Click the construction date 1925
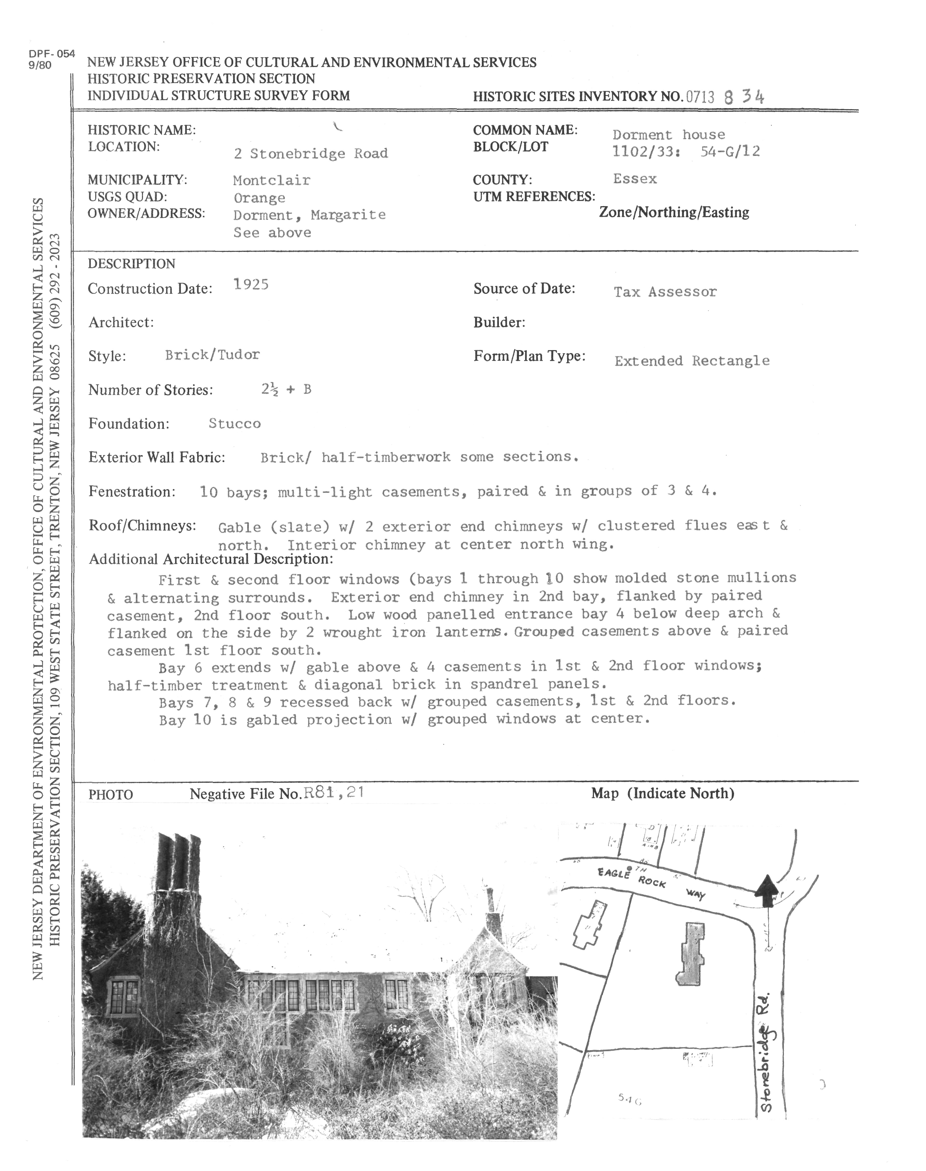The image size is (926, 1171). tap(250, 285)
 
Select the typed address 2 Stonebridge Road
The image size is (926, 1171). tap(311, 153)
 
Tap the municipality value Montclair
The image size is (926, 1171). tap(272, 180)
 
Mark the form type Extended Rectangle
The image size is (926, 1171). tap(692, 361)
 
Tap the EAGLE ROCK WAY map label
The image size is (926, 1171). tap(650, 882)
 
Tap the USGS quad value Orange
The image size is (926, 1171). tap(259, 198)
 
